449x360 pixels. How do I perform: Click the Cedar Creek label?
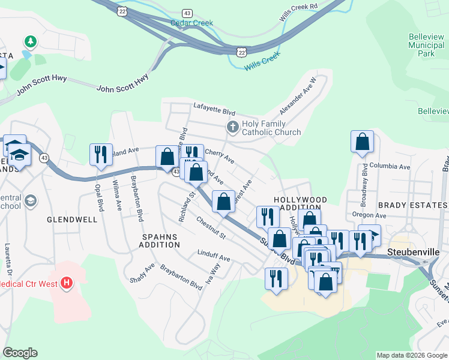coord(191,23)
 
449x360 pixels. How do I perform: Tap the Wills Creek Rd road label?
coord(298,11)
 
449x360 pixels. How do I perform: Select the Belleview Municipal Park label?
coord(426,45)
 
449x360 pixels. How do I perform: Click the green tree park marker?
coord(29,41)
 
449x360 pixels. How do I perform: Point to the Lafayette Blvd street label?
coord(214,110)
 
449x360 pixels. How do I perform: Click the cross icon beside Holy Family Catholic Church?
coord(232,127)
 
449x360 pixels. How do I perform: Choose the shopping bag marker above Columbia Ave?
coord(363,142)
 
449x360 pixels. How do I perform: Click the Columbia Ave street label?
coord(390,166)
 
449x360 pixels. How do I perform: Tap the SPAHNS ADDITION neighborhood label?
coord(160,241)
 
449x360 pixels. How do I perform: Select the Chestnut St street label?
coord(210,227)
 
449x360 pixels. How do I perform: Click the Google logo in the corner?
coord(20,353)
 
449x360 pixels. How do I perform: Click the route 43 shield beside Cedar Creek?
coord(188,13)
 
